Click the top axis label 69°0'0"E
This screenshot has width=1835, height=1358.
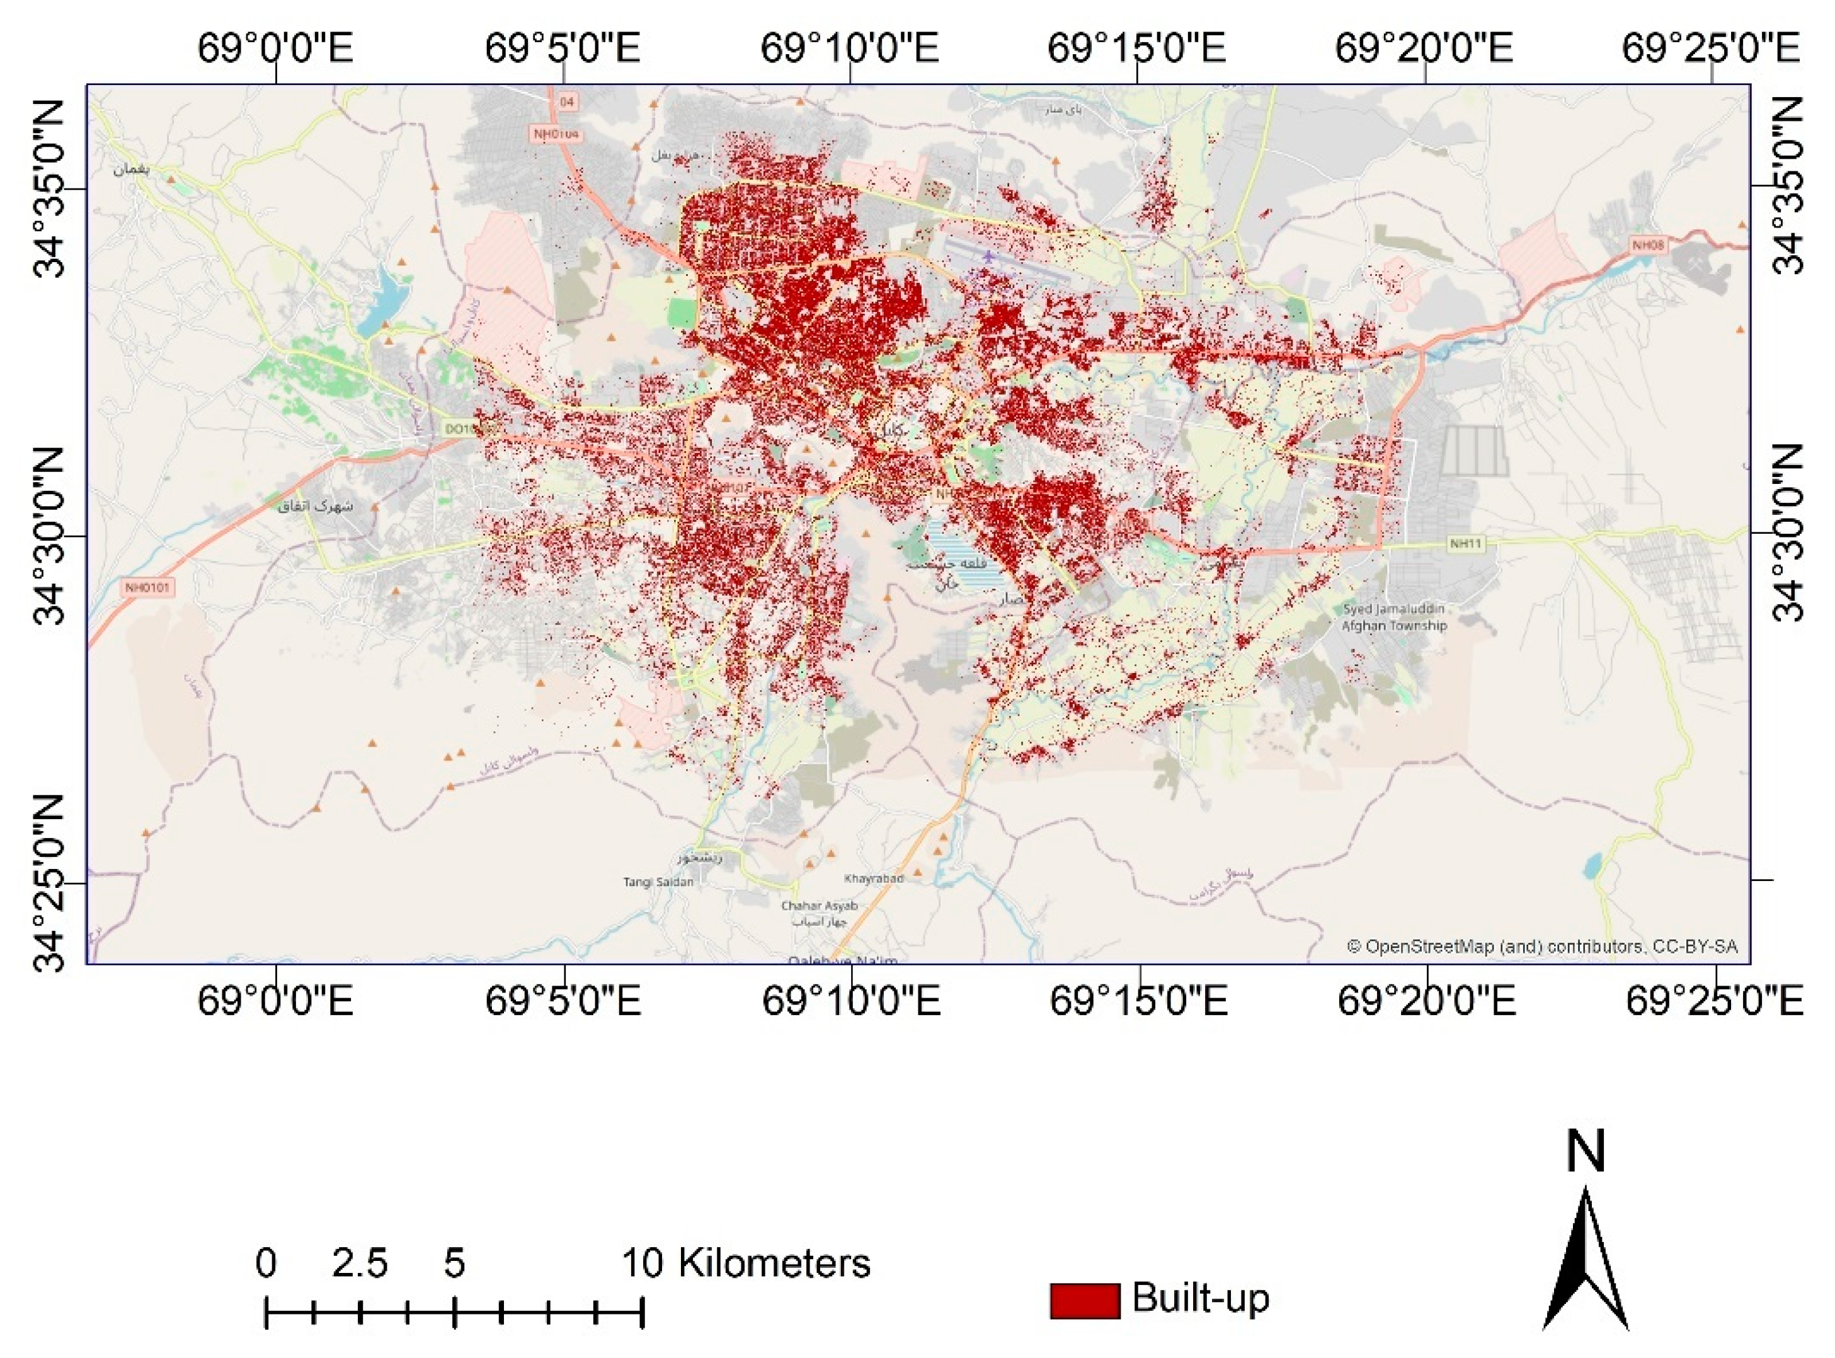point(275,49)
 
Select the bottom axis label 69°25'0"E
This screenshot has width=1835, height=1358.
point(1714,1001)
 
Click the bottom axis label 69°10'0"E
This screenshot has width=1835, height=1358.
point(851,1001)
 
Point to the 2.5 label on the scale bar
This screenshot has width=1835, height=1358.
point(359,1263)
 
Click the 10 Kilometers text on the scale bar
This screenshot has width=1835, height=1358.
point(745,1263)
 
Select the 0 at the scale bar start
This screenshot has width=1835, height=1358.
point(265,1263)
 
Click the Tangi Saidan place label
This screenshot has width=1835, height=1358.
point(658,882)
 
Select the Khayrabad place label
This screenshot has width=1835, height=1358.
point(874,878)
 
